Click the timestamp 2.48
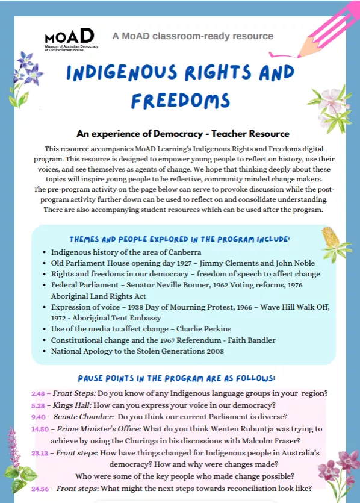pyautogui.click(x=39, y=394)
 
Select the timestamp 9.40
pyautogui.click(x=39, y=416)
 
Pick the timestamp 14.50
pyautogui.click(x=40, y=428)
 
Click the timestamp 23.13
pyautogui.click(x=40, y=452)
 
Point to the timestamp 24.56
pyautogui.click(x=40, y=488)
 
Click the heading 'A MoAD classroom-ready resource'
pyautogui.click(x=193, y=36)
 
